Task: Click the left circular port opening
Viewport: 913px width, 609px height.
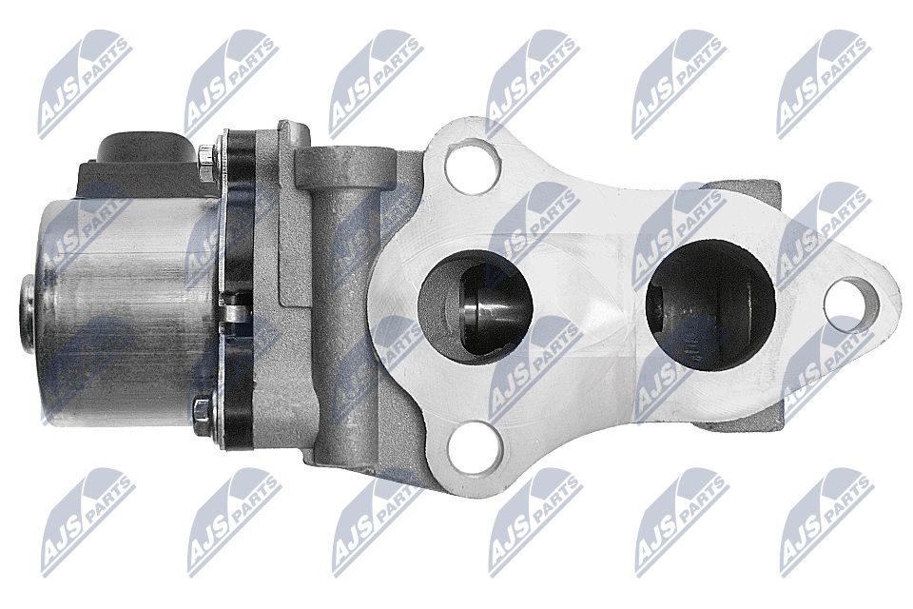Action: coord(476,307)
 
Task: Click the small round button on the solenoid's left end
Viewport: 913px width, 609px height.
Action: coord(27,312)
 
